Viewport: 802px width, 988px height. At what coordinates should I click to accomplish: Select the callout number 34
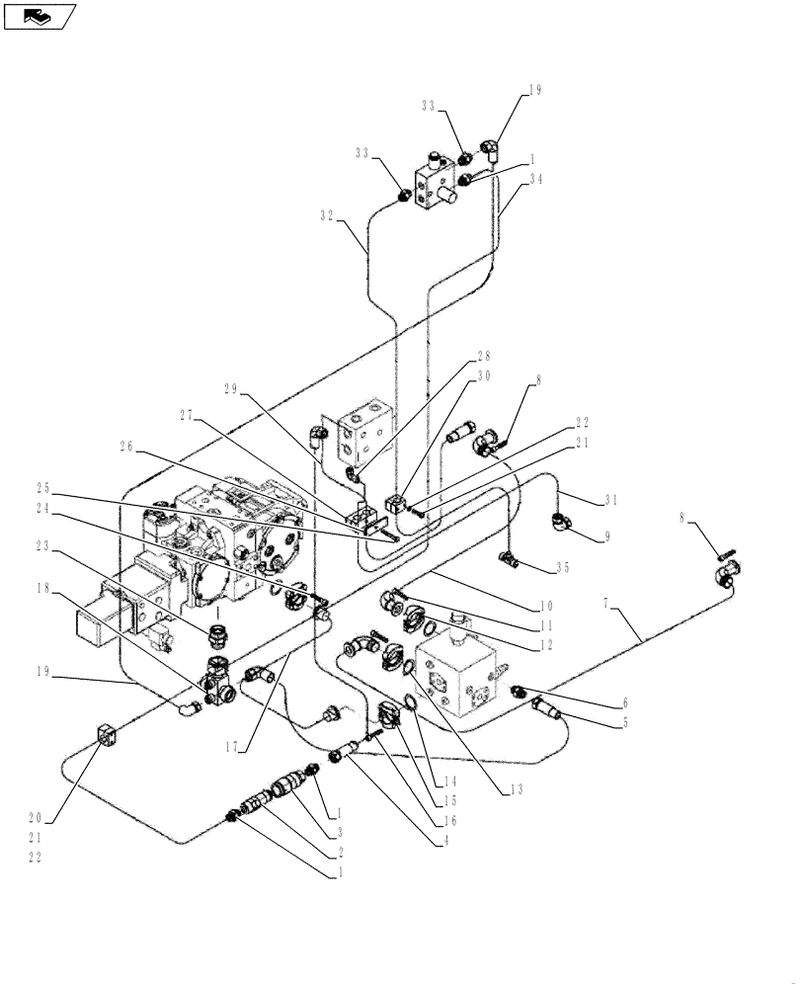pos(536,179)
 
